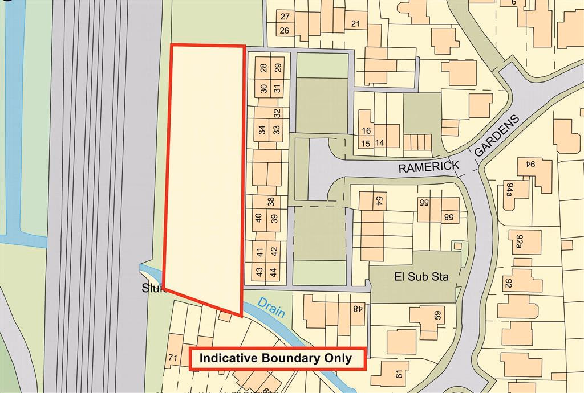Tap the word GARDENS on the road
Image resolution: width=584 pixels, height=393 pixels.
pyautogui.click(x=497, y=136)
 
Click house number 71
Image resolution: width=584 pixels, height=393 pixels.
pyautogui.click(x=173, y=357)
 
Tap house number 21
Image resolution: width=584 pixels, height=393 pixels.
pyautogui.click(x=355, y=24)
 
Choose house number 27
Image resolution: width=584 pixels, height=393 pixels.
pyautogui.click(x=285, y=17)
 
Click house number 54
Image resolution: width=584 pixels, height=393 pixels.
pyautogui.click(x=377, y=201)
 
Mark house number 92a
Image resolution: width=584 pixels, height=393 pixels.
pyautogui.click(x=519, y=241)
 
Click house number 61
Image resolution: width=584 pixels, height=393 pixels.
pyautogui.click(x=398, y=374)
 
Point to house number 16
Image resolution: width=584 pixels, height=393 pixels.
pyautogui.click(x=367, y=131)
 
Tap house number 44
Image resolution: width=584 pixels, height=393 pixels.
pyautogui.click(x=274, y=272)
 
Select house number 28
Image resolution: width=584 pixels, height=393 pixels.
pyautogui.click(x=263, y=68)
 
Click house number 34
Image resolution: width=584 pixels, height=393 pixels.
pyautogui.click(x=262, y=130)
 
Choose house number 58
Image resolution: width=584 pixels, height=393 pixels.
pyautogui.click(x=449, y=216)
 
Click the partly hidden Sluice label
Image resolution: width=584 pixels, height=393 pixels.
pyautogui.click(x=153, y=289)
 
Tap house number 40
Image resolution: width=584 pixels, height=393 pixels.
pyautogui.click(x=258, y=218)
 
